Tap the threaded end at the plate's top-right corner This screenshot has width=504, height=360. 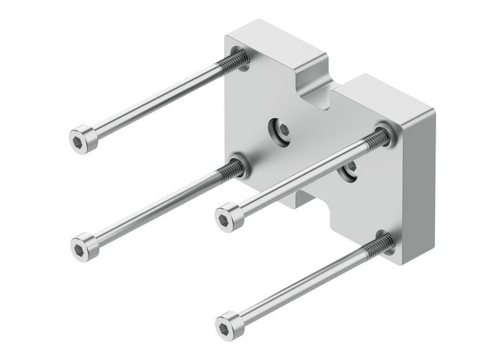pos(377,138)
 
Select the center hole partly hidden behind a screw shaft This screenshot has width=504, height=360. pos(351,170)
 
